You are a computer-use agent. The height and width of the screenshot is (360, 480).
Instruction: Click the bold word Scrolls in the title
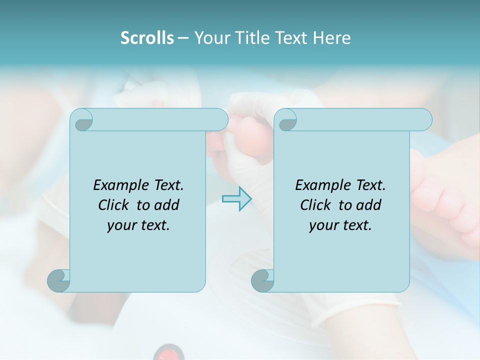[147, 38]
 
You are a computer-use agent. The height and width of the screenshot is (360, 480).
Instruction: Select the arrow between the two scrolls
[236, 198]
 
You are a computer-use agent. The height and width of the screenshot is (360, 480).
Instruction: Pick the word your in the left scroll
[120, 225]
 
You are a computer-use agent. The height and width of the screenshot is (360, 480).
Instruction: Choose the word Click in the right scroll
[315, 205]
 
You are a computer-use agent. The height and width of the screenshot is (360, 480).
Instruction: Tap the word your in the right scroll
[322, 225]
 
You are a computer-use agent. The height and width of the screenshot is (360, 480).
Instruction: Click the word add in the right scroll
[369, 205]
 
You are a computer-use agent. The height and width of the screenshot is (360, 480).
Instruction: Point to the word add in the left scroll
[167, 205]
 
